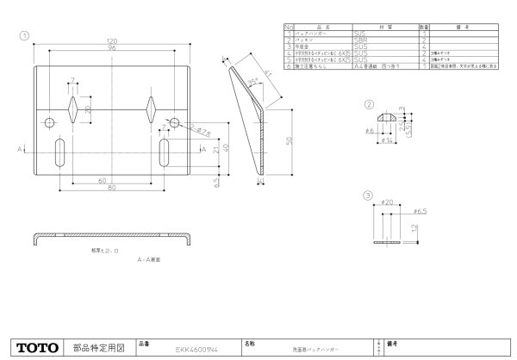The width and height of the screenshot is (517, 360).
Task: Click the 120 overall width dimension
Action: coord(111,41)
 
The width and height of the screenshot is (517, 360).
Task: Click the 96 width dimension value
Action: coord(111,48)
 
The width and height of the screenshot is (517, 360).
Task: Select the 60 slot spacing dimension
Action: coord(103,181)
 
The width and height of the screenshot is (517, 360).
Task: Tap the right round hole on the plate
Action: coord(175,123)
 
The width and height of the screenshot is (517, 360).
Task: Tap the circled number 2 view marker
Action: coord(369,104)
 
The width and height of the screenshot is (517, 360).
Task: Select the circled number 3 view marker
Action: coord(369,196)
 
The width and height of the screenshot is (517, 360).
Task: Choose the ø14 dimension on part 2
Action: coord(389,139)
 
